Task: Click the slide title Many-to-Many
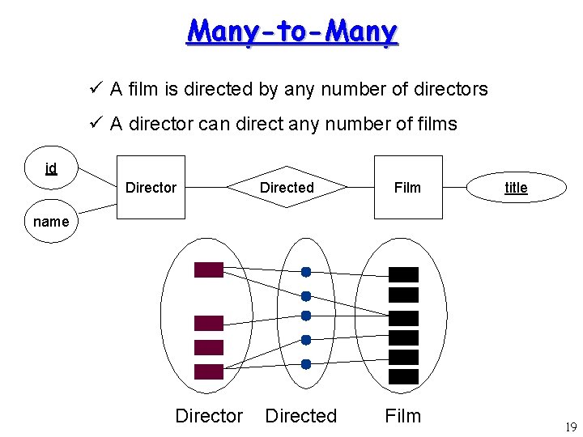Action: click(292, 32)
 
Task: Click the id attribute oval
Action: click(51, 168)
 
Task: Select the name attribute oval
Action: click(52, 220)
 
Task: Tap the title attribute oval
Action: click(516, 188)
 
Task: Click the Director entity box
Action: click(151, 188)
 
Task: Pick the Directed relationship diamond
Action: click(287, 188)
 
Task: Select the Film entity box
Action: click(407, 188)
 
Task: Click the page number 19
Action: click(570, 427)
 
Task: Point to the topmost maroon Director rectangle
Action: click(208, 270)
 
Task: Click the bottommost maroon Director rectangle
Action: click(208, 371)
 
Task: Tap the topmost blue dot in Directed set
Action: click(306, 272)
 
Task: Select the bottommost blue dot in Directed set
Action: click(306, 364)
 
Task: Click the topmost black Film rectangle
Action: click(404, 274)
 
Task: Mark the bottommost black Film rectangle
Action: click(404, 376)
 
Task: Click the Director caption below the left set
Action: click(209, 416)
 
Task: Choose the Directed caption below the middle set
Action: click(301, 416)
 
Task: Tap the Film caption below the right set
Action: click(403, 416)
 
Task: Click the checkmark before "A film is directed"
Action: click(95, 88)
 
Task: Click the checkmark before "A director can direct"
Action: click(95, 123)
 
